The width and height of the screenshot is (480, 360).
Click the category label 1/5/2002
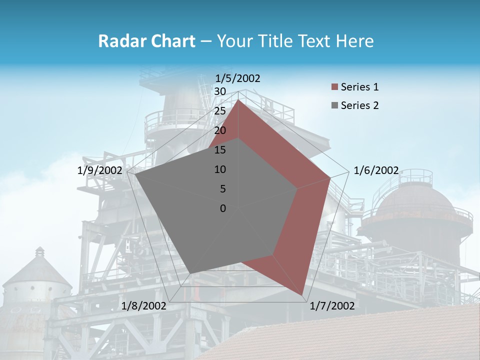pyautogui.click(x=238, y=78)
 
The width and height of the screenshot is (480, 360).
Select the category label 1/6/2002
pyautogui.click(x=376, y=170)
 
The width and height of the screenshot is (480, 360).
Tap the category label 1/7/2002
pyautogui.click(x=332, y=306)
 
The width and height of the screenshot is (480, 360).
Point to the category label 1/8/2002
pyautogui.click(x=143, y=306)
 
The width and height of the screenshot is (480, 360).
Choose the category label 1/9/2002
pyautogui.click(x=99, y=170)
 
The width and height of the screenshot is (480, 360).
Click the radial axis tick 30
pyautogui.click(x=219, y=91)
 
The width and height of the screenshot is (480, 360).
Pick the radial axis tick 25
pyautogui.click(x=219, y=111)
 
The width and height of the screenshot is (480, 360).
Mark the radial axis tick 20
pyautogui.click(x=219, y=130)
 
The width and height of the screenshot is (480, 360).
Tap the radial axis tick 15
pyautogui.click(x=219, y=150)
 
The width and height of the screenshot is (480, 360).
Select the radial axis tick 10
pyautogui.click(x=219, y=169)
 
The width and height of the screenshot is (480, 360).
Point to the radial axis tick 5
pyautogui.click(x=222, y=189)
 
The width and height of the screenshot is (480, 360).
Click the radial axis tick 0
pyautogui.click(x=222, y=208)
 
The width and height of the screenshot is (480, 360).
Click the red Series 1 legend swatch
pyautogui.click(x=334, y=87)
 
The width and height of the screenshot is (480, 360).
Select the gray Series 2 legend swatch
pyautogui.click(x=334, y=105)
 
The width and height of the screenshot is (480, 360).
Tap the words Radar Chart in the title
pyautogui.click(x=146, y=41)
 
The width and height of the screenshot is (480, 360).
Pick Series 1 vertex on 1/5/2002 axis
pyautogui.click(x=238, y=100)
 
